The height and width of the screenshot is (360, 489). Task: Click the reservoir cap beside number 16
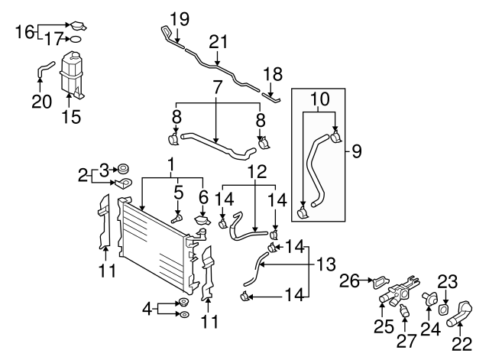(x=78, y=26)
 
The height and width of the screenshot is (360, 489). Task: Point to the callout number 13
(x=326, y=264)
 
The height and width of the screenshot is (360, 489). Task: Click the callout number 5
(x=177, y=192)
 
